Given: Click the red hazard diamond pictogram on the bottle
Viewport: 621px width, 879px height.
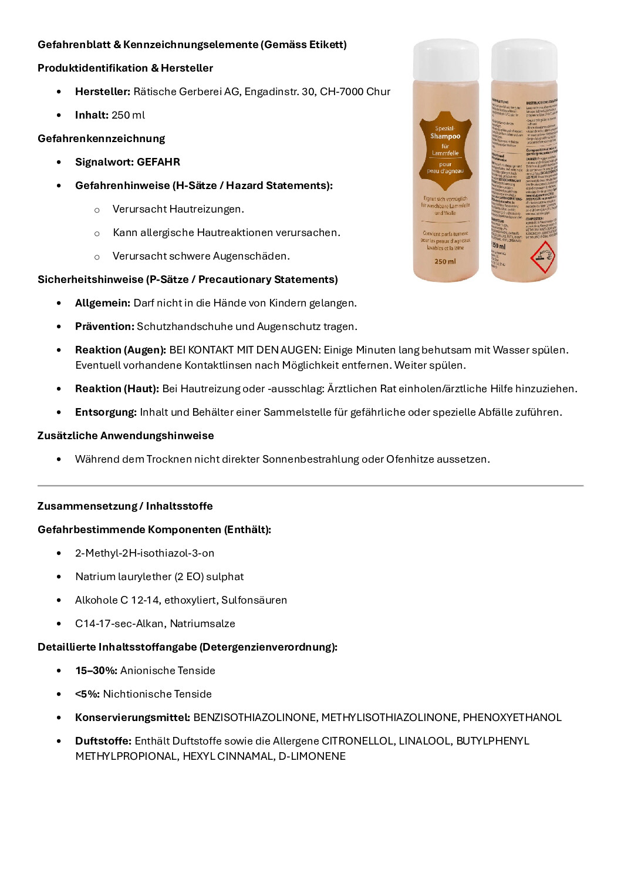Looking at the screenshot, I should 542,257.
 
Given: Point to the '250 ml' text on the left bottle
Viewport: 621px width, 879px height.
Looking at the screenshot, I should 445,261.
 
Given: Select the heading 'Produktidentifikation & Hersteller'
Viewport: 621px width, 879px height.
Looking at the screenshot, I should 125,68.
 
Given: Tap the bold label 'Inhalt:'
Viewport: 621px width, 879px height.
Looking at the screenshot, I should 92,115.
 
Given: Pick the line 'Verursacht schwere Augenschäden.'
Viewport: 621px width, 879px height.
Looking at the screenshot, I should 201,256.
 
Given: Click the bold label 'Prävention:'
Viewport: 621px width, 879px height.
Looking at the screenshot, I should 104,326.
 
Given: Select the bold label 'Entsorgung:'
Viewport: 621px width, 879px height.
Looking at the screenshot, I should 106,412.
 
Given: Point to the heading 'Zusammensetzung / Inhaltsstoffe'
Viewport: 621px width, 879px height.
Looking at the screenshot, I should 125,506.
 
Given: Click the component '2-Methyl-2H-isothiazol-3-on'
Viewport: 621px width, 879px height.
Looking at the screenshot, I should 144,553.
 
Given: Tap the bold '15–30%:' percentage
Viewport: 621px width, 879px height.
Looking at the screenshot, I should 96,671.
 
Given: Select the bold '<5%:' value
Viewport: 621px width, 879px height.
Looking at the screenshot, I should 87,694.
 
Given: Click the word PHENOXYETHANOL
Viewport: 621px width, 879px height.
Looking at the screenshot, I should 512,718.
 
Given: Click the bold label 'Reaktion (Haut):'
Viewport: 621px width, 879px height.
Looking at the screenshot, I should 117,389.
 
